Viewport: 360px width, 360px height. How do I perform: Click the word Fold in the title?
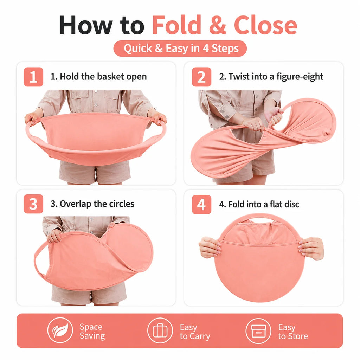point(176,25)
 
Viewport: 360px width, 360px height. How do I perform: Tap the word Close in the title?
point(265,25)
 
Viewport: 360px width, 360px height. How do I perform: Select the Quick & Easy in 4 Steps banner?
point(180,49)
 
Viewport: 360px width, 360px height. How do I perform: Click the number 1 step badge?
point(33,77)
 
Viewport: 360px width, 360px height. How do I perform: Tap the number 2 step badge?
point(201,77)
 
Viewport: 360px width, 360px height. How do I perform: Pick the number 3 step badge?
point(33,204)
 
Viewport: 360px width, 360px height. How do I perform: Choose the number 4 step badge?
point(201,204)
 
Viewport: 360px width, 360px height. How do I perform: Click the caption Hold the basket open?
point(98,76)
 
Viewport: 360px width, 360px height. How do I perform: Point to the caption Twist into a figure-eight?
point(271,76)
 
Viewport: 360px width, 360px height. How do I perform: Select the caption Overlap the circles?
point(92,204)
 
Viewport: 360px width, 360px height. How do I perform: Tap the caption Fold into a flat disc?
point(259,204)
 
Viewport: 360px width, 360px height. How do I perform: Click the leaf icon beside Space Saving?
point(60,330)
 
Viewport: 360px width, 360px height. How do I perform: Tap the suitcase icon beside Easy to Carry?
point(160,330)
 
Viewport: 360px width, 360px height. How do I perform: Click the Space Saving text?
point(92,331)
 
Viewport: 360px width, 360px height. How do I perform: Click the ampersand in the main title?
point(218,25)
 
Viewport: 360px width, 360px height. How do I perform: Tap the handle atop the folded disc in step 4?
point(259,218)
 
